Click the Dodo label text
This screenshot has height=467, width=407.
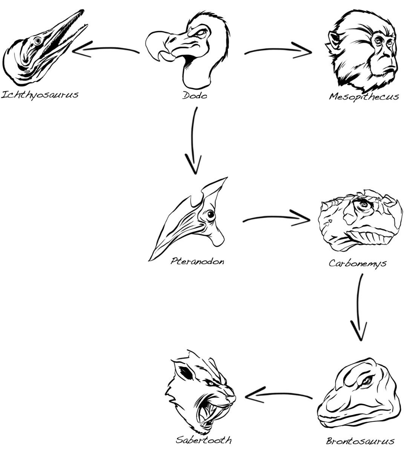click(x=195, y=96)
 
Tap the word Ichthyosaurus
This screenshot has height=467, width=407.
click(x=40, y=94)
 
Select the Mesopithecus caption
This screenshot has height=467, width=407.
click(x=364, y=97)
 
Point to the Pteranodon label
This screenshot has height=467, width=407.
click(x=197, y=261)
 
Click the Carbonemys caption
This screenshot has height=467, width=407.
click(x=357, y=263)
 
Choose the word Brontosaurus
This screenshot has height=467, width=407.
click(x=360, y=441)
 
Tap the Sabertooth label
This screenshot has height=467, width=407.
click(x=203, y=440)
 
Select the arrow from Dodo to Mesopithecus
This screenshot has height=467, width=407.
click(x=279, y=51)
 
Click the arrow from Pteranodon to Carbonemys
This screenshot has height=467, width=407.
click(x=277, y=219)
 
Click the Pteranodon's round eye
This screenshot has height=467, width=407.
click(x=210, y=215)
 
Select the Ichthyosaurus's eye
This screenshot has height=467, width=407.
click(x=37, y=40)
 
